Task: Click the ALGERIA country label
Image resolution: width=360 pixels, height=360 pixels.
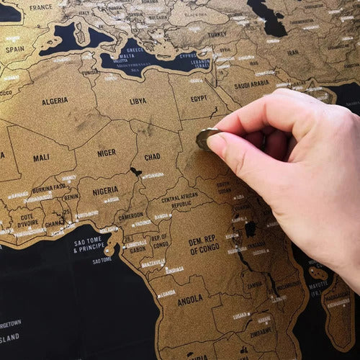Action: pyautogui.click(x=55, y=102)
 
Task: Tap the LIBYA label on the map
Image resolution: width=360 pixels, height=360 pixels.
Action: pyautogui.click(x=138, y=102)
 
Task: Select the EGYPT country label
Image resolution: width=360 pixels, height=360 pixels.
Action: pyautogui.click(x=199, y=98)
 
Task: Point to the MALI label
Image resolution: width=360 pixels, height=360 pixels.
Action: pyautogui.click(x=41, y=158)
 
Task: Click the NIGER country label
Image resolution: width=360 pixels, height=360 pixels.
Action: pyautogui.click(x=107, y=153)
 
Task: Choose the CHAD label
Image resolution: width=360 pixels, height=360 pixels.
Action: pyautogui.click(x=152, y=157)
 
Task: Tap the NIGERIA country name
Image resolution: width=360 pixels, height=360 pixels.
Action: pyautogui.click(x=106, y=191)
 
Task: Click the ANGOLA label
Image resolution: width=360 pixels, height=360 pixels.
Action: pyautogui.click(x=190, y=300)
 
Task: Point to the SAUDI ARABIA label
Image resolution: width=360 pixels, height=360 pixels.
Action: pyautogui.click(x=251, y=84)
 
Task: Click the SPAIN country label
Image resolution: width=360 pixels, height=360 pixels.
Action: pyautogui.click(x=14, y=50)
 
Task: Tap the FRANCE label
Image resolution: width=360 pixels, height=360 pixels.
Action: pyautogui.click(x=41, y=7)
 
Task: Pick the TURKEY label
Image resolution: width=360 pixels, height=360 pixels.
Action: pyautogui.click(x=217, y=34)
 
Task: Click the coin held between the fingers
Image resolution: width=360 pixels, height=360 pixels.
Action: pyautogui.click(x=205, y=138)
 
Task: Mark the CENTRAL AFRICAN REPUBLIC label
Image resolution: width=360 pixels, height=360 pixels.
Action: pyautogui.click(x=181, y=201)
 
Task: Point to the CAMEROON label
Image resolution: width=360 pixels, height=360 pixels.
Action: pyautogui.click(x=130, y=215)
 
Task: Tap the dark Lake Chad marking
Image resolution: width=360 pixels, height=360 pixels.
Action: pyautogui.click(x=135, y=172)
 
